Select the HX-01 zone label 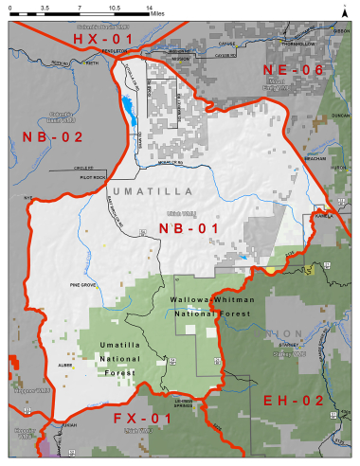tap(99, 41)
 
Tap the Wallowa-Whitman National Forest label tap(214, 305)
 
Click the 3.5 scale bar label tap(45, 7)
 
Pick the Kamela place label tap(319, 216)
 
